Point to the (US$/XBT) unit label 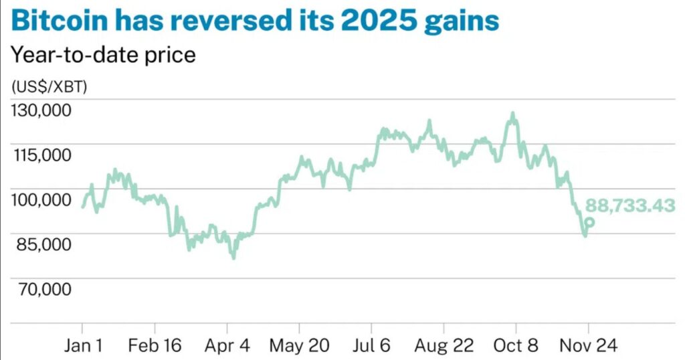[x=49, y=87]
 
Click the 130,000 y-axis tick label [x=41, y=110]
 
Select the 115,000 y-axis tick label [x=41, y=155]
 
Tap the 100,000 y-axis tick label [x=41, y=199]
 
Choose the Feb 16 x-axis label [x=155, y=346]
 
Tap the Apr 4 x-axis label [x=227, y=346]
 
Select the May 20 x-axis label [x=299, y=346]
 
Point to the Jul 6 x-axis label [x=371, y=346]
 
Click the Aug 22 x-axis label [x=444, y=346]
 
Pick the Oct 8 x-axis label [x=516, y=346]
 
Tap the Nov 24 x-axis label [x=588, y=346]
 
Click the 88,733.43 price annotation [x=630, y=206]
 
